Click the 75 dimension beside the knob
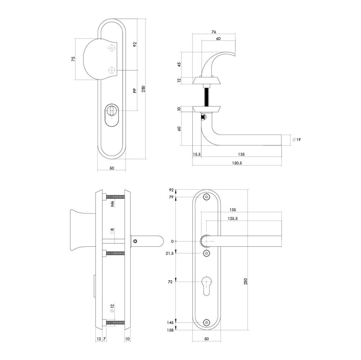(x=73, y=59)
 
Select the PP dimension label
(x=134, y=91)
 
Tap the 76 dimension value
(x=214, y=32)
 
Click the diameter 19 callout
(x=297, y=139)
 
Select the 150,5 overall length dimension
(x=236, y=163)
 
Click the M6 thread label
(x=112, y=204)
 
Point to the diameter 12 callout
(x=112, y=308)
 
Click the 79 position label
(x=171, y=197)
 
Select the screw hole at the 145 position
(x=206, y=322)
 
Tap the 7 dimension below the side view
(x=104, y=339)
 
